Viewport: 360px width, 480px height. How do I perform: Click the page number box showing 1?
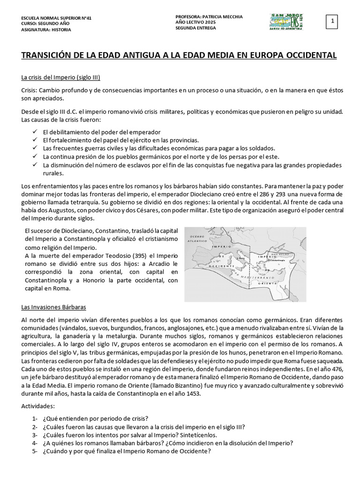[x=332, y=22]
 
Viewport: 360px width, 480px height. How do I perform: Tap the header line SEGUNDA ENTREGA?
[x=195, y=28]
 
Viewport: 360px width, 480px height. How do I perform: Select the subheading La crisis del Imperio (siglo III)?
[x=60, y=77]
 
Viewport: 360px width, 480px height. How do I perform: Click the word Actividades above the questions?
[x=38, y=405]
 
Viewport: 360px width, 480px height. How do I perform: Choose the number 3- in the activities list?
[x=35, y=435]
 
